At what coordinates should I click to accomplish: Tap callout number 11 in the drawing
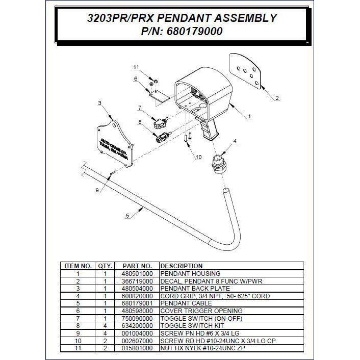click(x=136, y=67)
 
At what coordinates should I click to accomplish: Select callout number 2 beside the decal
click(x=277, y=98)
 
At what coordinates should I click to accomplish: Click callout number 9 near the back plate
click(x=97, y=190)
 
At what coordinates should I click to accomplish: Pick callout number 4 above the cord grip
click(x=235, y=141)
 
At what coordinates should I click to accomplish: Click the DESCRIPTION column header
click(x=182, y=266)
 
